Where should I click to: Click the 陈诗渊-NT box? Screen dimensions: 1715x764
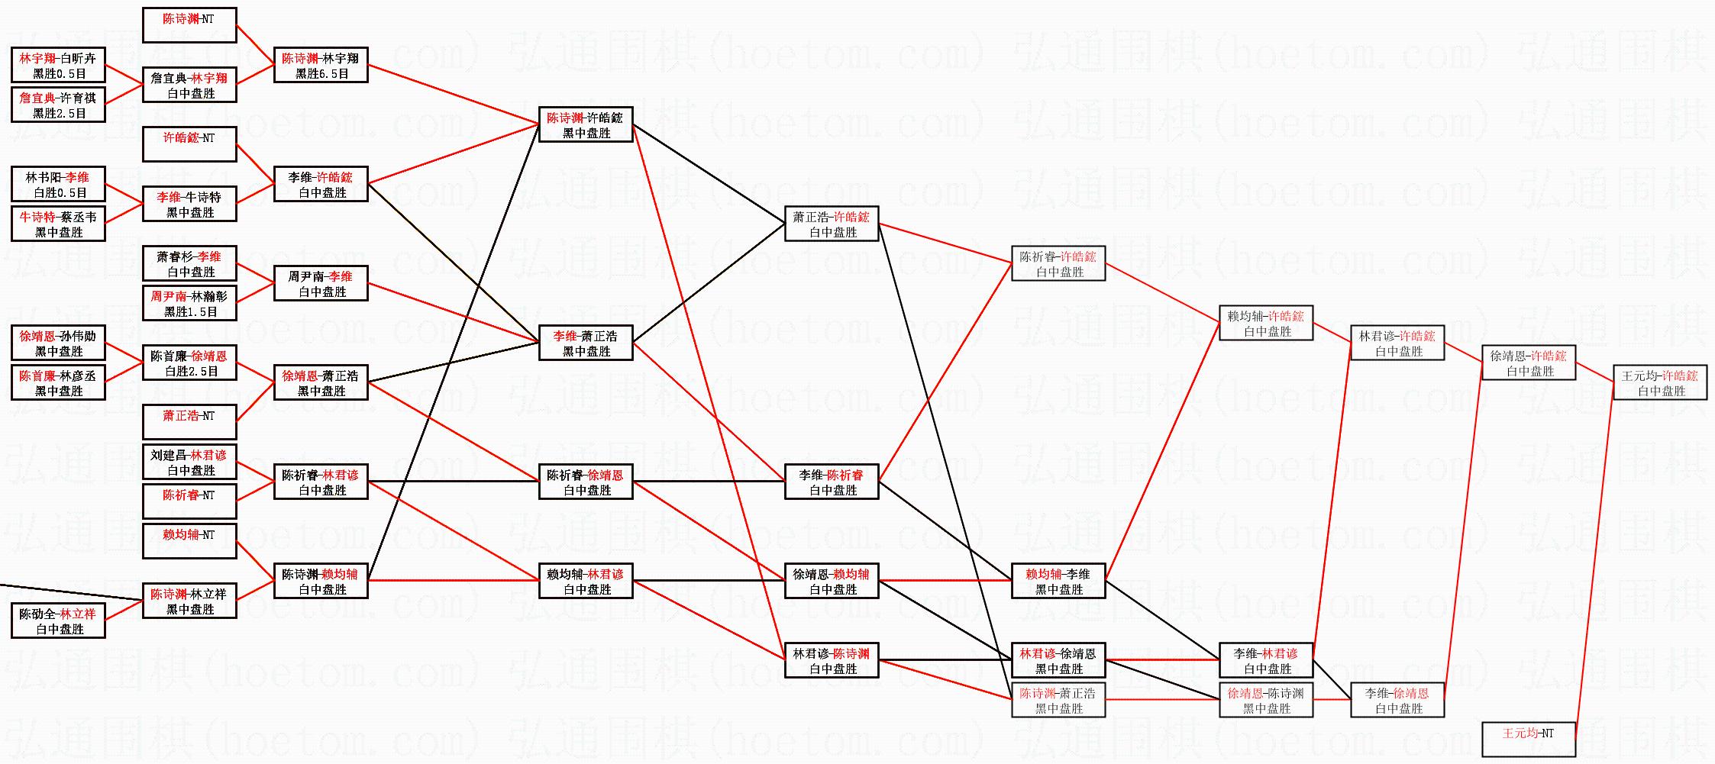[189, 25]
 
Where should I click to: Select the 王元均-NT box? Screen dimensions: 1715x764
[1528, 739]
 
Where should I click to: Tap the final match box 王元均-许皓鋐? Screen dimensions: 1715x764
[1660, 382]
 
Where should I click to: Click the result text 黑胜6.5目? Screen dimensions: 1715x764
[321, 74]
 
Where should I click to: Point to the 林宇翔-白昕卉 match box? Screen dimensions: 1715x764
[58, 65]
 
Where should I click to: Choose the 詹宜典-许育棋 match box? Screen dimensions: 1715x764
[58, 105]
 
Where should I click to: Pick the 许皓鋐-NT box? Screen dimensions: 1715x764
[189, 144]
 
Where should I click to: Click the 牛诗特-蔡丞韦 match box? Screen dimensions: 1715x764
[58, 224]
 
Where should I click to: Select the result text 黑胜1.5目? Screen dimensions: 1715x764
[190, 311]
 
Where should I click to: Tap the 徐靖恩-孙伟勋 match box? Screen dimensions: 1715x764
[58, 343]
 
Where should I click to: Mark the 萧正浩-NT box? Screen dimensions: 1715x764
[189, 422]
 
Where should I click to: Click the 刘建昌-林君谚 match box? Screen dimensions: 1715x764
[189, 462]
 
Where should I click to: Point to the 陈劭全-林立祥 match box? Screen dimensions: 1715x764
[58, 621]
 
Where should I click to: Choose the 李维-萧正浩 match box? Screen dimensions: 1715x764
[586, 343]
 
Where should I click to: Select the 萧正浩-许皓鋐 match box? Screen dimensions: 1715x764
[832, 224]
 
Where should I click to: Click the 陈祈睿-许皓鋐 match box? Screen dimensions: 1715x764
[1058, 263]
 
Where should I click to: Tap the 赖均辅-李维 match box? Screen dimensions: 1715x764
[1058, 581]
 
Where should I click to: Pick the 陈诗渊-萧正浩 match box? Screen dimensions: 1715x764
[1058, 700]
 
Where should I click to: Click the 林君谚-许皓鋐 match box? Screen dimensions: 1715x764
[1397, 343]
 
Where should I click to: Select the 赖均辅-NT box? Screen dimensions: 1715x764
[189, 541]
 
